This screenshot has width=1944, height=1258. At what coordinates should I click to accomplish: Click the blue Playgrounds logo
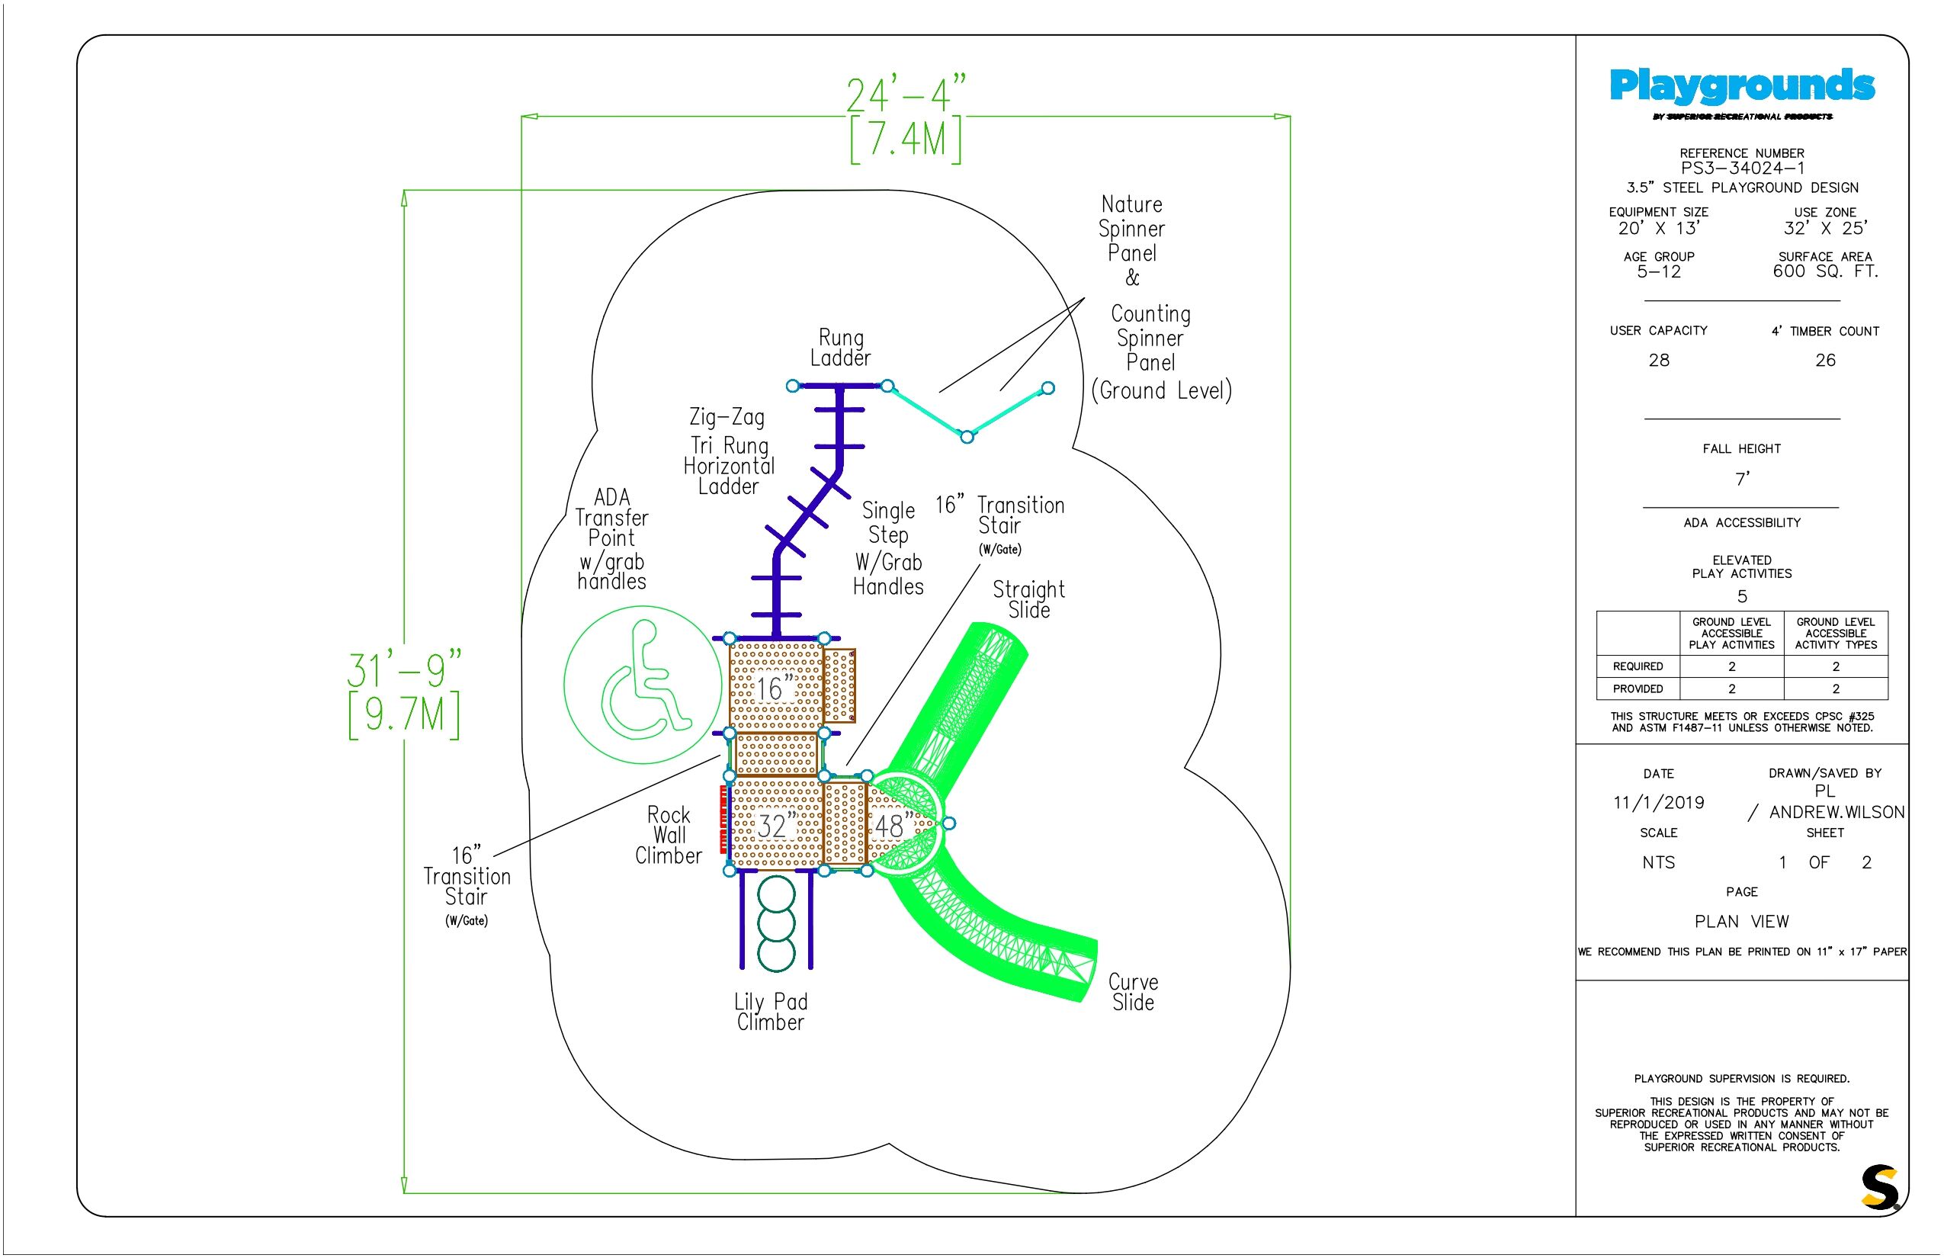1741,85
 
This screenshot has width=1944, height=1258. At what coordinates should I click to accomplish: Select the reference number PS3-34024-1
1741,168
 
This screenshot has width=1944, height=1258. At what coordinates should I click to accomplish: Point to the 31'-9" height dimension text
404,670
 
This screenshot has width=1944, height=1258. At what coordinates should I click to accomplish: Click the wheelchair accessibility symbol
643,685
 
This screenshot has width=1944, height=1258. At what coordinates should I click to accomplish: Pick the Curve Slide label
1133,992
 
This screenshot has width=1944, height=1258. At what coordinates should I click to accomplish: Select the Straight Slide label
1028,599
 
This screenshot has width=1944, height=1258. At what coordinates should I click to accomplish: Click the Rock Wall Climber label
668,835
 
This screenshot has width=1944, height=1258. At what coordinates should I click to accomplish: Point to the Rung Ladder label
840,347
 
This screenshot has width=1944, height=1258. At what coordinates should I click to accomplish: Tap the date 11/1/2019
1658,802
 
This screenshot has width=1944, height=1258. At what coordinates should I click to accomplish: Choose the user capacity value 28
1659,360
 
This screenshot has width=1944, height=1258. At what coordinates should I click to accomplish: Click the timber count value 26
1826,360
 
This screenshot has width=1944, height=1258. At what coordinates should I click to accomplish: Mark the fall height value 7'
1742,479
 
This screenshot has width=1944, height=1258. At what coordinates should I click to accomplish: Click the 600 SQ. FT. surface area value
1826,271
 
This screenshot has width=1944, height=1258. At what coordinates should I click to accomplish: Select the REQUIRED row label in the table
1638,666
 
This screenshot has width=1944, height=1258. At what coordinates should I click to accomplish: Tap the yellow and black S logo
1880,1186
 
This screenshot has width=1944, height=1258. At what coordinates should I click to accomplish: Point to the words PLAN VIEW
1741,922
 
